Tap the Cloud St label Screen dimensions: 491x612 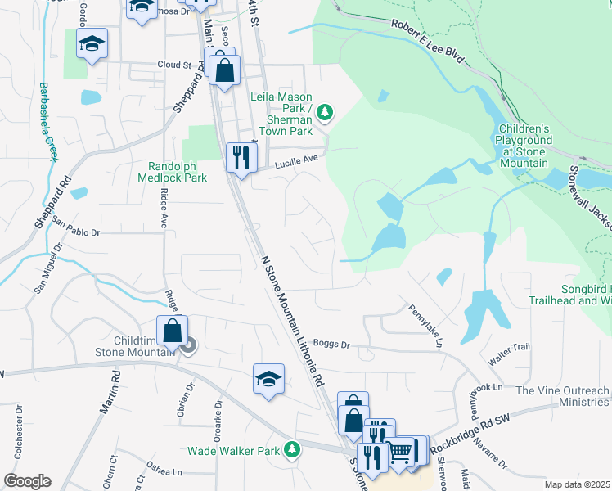173,64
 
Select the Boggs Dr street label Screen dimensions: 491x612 331,345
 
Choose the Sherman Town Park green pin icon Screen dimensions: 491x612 325,110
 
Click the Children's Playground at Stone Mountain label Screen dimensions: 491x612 524,146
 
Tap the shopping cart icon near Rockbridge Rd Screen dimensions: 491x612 399,450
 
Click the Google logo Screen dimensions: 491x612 27,481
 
